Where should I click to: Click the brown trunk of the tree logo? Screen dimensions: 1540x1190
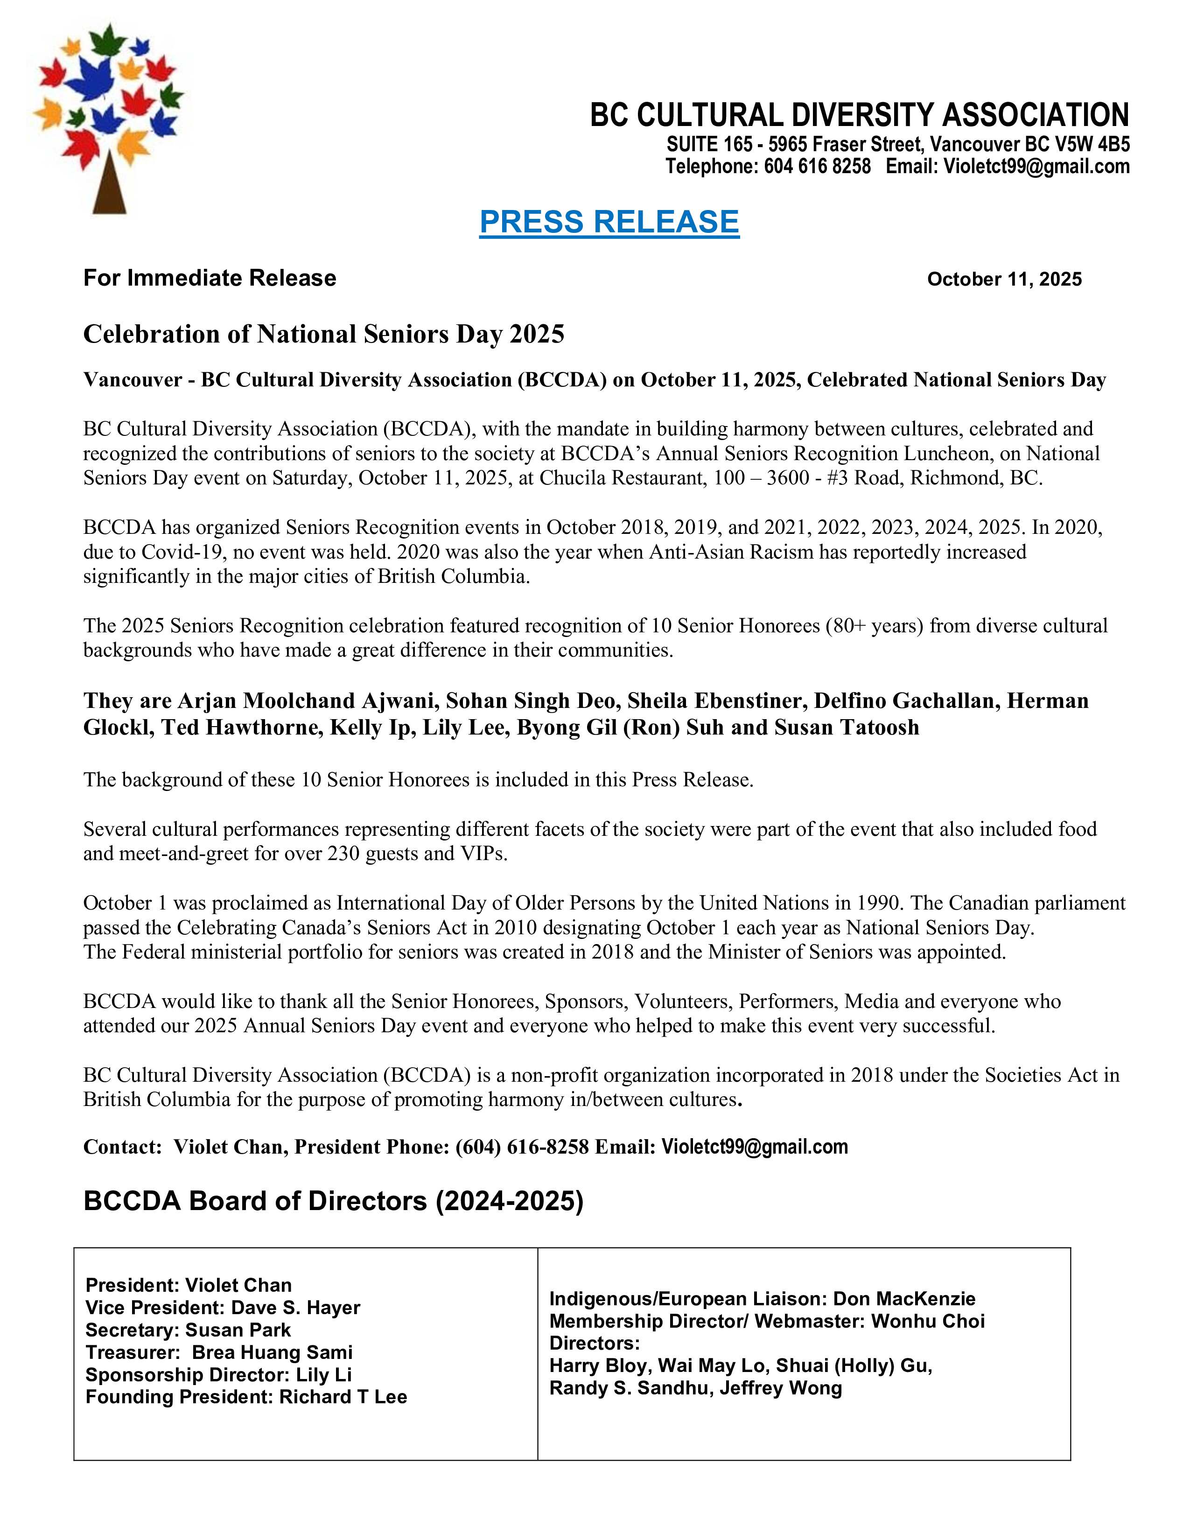pos(109,186)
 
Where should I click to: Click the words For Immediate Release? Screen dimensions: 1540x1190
pos(210,278)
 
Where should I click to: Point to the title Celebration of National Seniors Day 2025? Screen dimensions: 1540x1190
pos(323,334)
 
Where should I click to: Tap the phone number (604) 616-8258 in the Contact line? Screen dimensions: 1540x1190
pos(522,1147)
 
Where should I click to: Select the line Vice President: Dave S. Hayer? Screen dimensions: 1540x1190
pos(223,1307)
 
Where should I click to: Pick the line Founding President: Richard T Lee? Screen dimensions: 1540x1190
pos(246,1397)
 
